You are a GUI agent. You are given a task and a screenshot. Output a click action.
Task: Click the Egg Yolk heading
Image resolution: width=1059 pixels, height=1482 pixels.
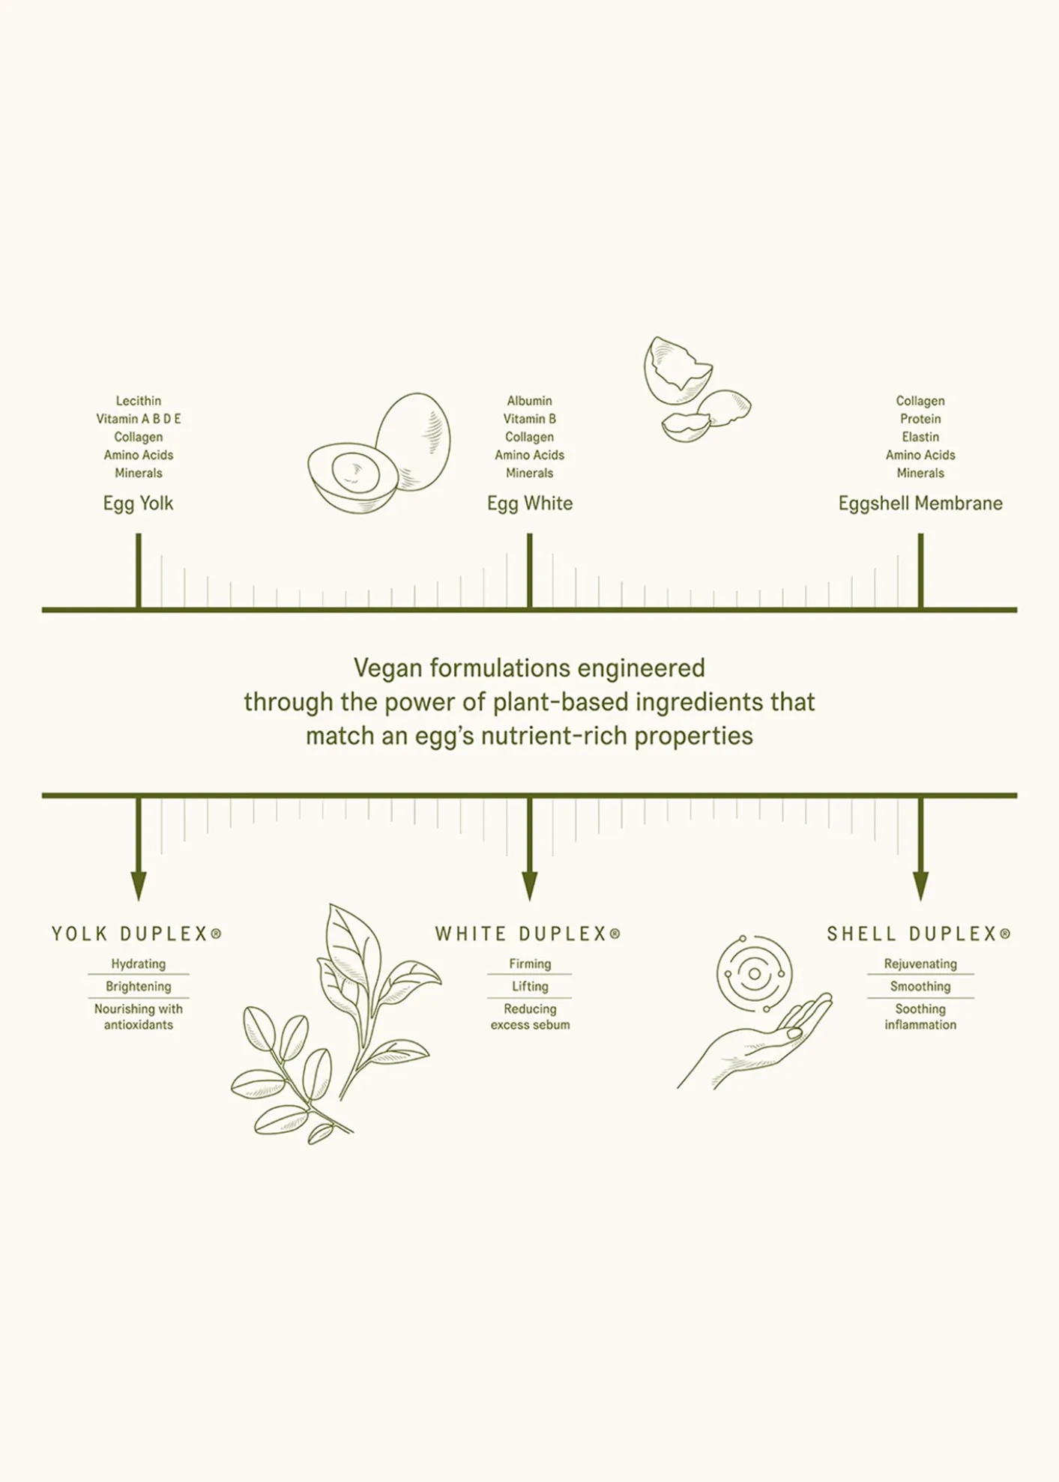point(138,503)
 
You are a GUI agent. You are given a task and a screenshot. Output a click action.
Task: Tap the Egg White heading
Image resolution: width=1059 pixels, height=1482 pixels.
point(530,503)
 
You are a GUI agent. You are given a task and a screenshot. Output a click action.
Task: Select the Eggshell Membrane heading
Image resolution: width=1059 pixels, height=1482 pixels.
point(920,503)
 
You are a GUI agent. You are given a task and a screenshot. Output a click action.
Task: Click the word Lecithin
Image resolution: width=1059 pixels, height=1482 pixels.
point(138,401)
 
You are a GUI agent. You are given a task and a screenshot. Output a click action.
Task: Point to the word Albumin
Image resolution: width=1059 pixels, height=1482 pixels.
point(529,401)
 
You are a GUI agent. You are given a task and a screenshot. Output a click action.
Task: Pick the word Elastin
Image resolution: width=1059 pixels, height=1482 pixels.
point(920,437)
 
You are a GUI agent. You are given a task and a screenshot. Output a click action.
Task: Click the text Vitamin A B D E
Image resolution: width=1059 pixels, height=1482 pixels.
point(139,419)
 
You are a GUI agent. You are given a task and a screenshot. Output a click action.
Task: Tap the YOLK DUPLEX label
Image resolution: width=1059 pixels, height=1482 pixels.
point(136,934)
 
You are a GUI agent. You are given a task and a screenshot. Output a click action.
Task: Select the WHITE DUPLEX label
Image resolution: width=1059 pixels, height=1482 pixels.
point(528,934)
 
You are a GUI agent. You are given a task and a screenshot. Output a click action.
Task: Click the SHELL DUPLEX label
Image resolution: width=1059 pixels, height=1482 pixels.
point(919,934)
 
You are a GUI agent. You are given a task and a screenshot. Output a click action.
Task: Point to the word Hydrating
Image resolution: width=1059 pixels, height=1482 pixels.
point(139,964)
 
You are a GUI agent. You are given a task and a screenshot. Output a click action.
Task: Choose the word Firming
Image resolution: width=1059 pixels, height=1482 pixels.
point(530,964)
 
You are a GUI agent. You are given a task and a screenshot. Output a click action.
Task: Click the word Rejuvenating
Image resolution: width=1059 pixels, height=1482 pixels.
point(920,964)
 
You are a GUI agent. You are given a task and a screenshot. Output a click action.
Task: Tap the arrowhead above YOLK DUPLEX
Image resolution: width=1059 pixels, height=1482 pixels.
point(139,886)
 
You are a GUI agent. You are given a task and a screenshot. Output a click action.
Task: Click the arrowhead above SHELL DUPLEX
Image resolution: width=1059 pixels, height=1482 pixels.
point(921,886)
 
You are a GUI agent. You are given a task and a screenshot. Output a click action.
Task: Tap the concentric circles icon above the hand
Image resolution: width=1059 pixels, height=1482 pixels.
point(754,973)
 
